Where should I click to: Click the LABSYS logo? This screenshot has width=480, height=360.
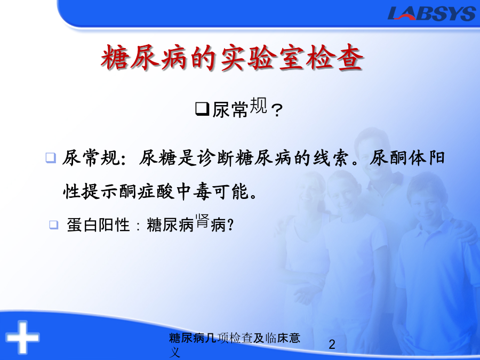(431, 13)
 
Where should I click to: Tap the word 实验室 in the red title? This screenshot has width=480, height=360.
(262, 58)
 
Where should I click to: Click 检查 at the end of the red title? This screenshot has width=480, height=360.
(334, 58)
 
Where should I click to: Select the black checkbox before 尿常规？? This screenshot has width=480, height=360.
(202, 109)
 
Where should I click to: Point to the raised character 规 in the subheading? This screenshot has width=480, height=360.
(259, 105)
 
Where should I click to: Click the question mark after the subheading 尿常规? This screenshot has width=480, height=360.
(277, 110)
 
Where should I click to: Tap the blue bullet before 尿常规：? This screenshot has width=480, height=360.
(51, 158)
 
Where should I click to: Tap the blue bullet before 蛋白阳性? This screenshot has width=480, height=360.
(53, 225)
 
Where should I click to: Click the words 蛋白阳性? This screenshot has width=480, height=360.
(98, 225)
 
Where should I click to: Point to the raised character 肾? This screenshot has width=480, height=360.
(202, 221)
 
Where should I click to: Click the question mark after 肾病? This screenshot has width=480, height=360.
(231, 225)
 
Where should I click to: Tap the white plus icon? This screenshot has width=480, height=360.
(22, 338)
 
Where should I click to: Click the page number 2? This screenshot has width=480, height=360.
(332, 345)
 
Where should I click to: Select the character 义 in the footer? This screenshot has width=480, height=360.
(174, 353)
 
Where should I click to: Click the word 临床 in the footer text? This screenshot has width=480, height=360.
(270, 338)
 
